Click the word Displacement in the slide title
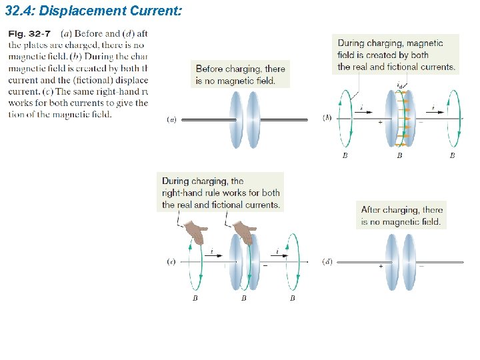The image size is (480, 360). pyautogui.click(x=81, y=11)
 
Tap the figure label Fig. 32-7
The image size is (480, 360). pyautogui.click(x=29, y=34)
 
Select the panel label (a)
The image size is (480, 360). pyautogui.click(x=171, y=120)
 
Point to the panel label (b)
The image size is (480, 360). pyautogui.click(x=327, y=117)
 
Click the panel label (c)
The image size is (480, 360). pyautogui.click(x=171, y=262)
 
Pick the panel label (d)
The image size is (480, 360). pyautogui.click(x=327, y=261)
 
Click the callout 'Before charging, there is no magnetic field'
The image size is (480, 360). pyautogui.click(x=240, y=74)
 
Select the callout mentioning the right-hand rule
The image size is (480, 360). pyautogui.click(x=221, y=193)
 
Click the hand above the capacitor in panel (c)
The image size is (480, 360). pyautogui.click(x=245, y=234)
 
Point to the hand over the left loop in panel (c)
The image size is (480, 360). pyautogui.click(x=196, y=234)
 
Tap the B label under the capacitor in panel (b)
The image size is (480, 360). pyautogui.click(x=399, y=156)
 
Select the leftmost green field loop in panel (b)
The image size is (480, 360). pyautogui.click(x=345, y=120)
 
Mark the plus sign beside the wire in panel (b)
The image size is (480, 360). pyautogui.click(x=380, y=123)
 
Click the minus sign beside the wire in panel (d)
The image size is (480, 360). pyautogui.click(x=421, y=265)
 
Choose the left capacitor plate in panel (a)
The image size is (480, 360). pyautogui.click(x=235, y=119)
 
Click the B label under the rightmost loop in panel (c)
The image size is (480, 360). pyautogui.click(x=292, y=299)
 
